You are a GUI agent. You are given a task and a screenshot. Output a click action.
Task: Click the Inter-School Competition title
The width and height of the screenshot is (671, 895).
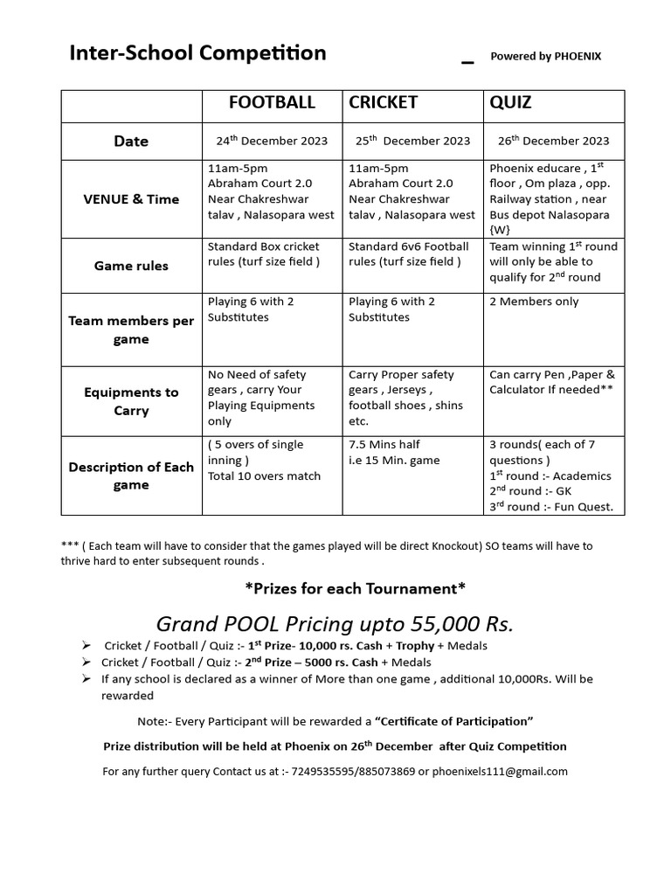197,53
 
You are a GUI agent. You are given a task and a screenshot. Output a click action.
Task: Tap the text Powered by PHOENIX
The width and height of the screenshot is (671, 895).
545,57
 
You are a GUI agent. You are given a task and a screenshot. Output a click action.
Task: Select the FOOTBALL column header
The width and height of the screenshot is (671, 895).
272,103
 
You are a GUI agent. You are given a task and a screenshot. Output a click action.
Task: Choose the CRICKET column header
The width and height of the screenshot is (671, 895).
383,103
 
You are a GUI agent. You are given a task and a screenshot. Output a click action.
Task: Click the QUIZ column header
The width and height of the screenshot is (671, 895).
510,103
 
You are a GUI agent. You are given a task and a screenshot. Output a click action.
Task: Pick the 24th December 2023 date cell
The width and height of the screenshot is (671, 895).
272,141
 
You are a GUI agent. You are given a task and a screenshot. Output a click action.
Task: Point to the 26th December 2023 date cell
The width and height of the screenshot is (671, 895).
554,141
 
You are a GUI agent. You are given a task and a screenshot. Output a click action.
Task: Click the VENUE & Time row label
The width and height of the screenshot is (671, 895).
131,199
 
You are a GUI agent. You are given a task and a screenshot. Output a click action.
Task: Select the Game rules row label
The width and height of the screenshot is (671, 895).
131,266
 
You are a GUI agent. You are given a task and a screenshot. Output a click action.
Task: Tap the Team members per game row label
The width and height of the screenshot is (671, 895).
131,330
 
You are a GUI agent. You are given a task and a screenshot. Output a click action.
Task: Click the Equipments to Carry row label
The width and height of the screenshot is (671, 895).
131,401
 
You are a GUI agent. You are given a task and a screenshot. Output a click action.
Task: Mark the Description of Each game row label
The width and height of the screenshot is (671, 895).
131,475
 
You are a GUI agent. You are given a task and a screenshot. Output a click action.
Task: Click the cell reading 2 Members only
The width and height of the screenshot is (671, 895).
534,302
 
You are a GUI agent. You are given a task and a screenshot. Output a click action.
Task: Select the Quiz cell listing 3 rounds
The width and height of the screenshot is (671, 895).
550,475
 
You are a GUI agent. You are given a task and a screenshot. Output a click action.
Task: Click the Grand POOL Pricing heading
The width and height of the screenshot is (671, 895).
335,623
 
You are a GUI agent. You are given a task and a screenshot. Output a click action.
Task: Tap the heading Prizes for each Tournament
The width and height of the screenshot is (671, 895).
355,587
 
